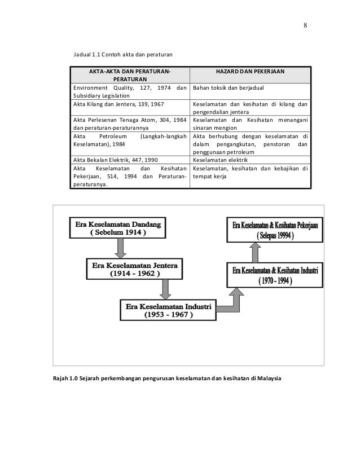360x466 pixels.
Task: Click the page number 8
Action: pos(305,25)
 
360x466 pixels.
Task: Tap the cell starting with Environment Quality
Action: pos(130,92)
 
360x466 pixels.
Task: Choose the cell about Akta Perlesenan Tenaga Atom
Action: pos(130,124)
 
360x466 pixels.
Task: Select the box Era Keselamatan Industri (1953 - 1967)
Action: pos(168,310)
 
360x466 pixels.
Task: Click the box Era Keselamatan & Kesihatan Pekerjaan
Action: pos(275,230)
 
